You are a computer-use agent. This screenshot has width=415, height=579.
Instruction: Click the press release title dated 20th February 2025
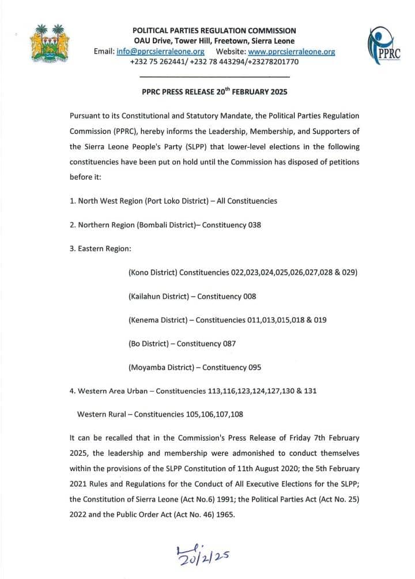[214, 92]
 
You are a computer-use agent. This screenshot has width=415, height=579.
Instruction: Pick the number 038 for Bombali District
[254, 225]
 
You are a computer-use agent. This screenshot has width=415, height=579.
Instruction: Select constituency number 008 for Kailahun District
[248, 296]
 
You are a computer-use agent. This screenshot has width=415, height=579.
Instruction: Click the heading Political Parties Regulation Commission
[214, 31]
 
